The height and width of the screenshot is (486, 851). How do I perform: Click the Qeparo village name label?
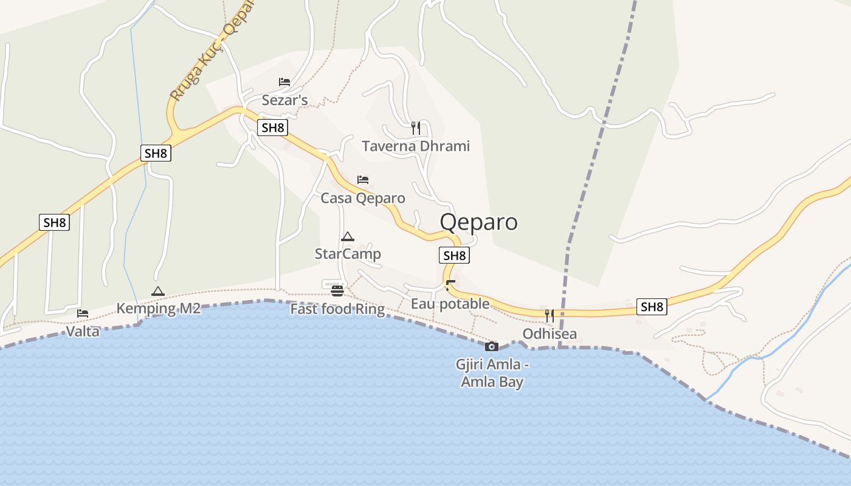coord(478,222)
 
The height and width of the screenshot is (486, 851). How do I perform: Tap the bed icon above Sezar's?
coord(284,82)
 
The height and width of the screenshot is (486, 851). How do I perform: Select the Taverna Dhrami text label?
coord(416,146)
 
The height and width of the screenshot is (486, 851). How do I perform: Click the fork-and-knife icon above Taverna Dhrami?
coord(416,128)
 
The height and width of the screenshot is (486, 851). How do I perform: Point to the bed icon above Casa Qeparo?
coord(363,180)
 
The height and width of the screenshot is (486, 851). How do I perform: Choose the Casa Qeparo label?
coord(363,198)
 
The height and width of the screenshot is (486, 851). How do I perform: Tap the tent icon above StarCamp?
coord(347,236)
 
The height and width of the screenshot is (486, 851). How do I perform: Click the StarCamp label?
coord(348,253)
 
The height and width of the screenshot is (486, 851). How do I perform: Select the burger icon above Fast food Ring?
coord(337,290)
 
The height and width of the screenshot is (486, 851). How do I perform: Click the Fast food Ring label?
coord(337,309)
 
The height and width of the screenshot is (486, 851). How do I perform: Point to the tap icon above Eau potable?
coord(450,286)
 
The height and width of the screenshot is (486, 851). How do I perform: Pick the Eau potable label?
coord(450,303)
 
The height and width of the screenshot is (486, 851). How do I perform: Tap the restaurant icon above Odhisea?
coord(550,315)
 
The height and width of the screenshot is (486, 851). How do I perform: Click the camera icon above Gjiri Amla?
coord(492,346)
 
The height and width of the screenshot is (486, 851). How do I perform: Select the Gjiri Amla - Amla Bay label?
coord(492,373)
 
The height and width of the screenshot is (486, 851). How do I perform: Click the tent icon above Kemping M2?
coord(158,291)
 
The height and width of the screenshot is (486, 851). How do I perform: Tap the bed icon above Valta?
coord(83,313)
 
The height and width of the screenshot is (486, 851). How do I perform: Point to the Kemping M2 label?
coord(158,308)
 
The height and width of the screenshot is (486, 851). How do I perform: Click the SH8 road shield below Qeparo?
coord(454,256)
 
